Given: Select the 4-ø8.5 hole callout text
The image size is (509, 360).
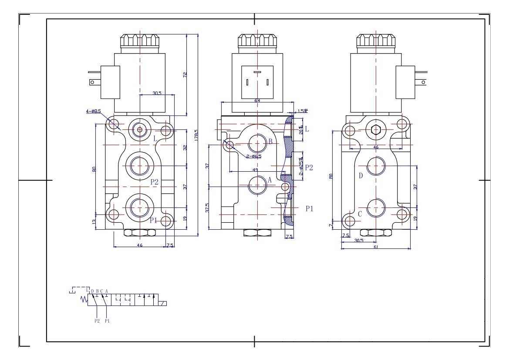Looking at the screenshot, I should point(94,112).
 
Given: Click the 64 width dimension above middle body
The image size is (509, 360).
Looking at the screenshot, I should point(257,101).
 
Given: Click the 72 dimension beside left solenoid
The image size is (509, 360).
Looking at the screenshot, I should point(185,75).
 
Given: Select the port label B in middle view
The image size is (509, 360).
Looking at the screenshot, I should point(270,142).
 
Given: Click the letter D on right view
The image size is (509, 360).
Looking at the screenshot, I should point(361,176).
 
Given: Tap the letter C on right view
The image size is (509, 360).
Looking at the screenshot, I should point(360,214).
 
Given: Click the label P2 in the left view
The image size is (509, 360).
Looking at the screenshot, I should point(154,182).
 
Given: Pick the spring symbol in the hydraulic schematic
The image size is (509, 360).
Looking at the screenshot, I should point(84,299).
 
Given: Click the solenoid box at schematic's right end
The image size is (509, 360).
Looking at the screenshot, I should point(162,303).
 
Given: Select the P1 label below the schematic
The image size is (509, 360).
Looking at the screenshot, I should point(107,321).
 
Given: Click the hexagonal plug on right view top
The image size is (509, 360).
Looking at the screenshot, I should point(376,129).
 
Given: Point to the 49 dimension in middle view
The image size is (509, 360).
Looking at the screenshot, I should point(255,170).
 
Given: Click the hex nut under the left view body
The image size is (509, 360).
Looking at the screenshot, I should point(140,233).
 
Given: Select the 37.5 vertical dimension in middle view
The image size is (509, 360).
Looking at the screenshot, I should point(207,207).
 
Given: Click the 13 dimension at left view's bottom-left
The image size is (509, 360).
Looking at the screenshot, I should point(94,222).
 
